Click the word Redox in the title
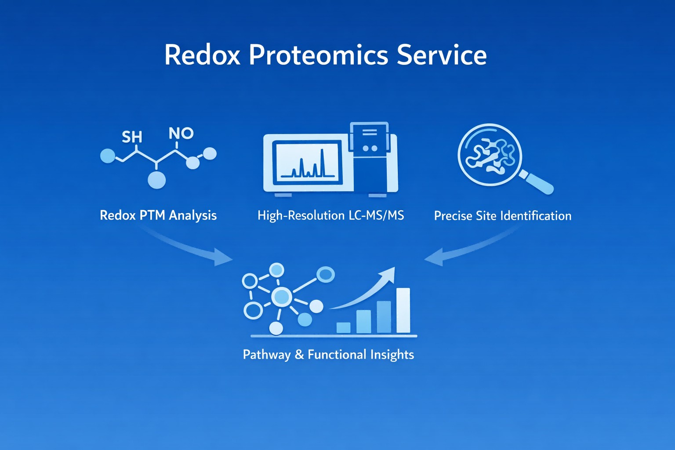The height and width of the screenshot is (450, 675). point(202,55)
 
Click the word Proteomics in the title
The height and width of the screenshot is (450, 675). point(319,55)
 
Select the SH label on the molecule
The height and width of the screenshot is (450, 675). point(132,137)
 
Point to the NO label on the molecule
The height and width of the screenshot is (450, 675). point(181,133)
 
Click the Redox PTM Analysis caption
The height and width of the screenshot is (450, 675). point(158,215)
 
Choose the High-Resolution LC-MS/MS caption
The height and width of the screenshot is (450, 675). point(330,215)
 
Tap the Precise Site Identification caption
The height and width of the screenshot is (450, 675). point(503,216)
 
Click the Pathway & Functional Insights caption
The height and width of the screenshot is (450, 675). point(328,355)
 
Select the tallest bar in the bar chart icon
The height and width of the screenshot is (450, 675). point(403,310)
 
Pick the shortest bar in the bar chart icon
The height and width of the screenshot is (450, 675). point(343,327)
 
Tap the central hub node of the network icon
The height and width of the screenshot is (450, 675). point(282,297)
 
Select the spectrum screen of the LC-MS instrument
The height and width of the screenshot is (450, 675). point(307,162)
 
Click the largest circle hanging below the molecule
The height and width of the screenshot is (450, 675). point(156,180)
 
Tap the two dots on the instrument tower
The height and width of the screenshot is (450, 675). point(370,149)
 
